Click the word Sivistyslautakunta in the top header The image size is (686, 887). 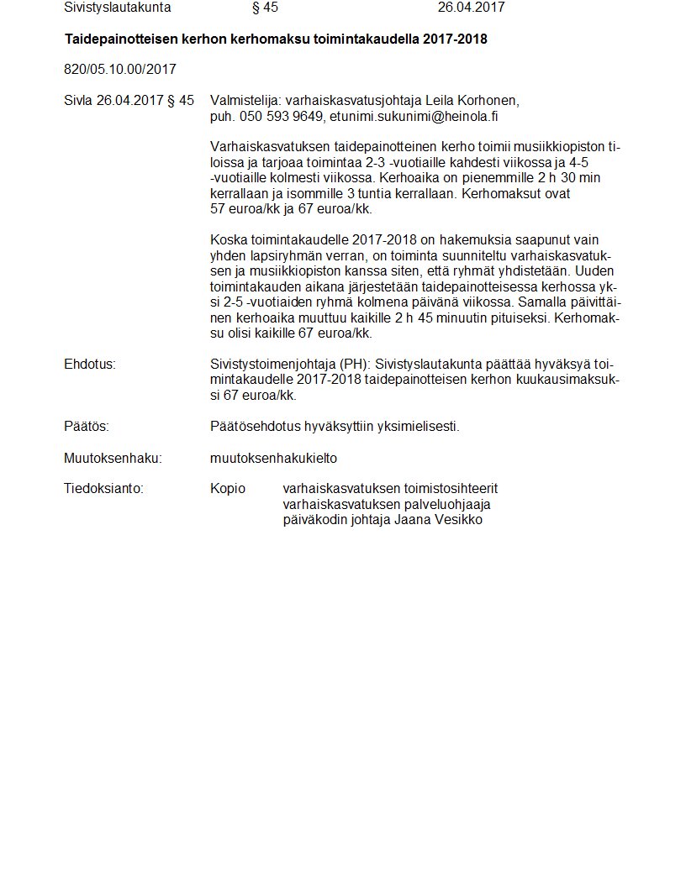(x=117, y=8)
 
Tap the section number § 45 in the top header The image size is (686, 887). (x=265, y=8)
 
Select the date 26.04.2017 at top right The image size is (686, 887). (x=471, y=8)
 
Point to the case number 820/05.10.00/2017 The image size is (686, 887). (x=120, y=69)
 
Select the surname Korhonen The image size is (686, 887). (x=489, y=101)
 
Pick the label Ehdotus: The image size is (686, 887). (x=89, y=365)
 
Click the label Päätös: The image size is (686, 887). (x=86, y=427)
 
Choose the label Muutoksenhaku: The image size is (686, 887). (x=113, y=459)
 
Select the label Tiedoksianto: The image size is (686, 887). (x=103, y=489)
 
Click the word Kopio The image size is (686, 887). (x=228, y=489)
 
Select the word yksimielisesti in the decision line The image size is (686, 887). (x=420, y=427)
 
